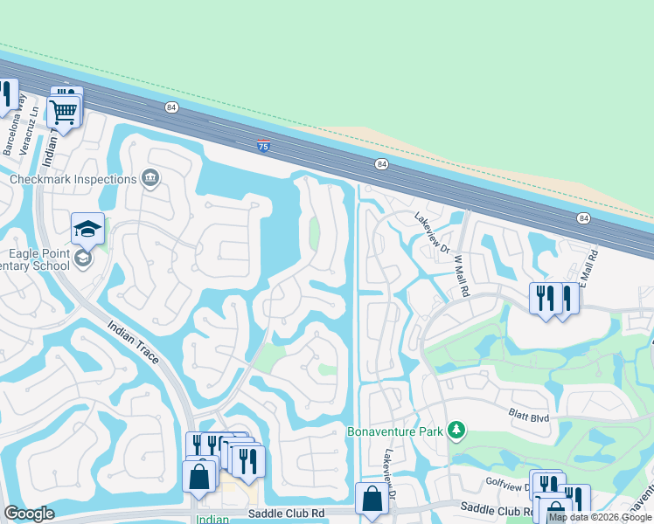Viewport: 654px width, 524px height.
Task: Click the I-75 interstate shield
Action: coord(263,144)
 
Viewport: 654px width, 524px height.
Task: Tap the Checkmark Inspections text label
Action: coord(73,179)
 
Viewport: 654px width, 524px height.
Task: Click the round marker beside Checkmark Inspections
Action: coord(150,179)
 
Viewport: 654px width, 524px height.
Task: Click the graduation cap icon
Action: coord(87,229)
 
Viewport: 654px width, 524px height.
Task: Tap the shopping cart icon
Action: coord(63,111)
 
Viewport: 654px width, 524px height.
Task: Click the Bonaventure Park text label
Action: coord(396,431)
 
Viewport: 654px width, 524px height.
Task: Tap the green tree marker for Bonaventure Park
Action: coord(455,430)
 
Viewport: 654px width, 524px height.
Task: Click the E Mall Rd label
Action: coord(593,267)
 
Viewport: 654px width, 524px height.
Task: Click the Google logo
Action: coord(29,514)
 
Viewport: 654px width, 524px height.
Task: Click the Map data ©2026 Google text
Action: coord(600,517)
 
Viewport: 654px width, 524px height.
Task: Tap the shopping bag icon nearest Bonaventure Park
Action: coord(372,499)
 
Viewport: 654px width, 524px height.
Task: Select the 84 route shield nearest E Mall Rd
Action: coord(583,217)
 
